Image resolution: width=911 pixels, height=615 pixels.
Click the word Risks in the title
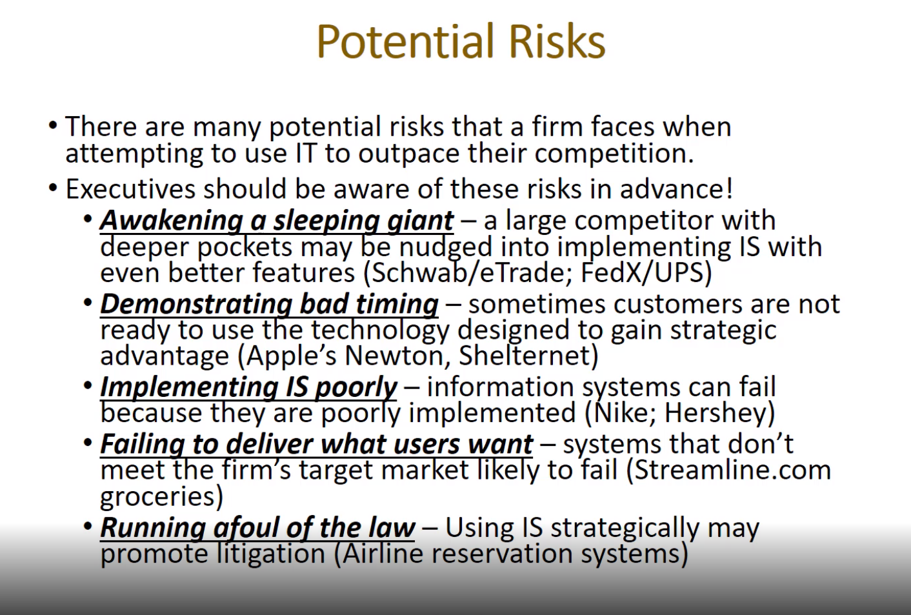[557, 41]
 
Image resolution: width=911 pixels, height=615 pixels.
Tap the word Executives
[130, 189]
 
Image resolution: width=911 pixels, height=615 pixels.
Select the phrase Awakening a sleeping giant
[277, 222]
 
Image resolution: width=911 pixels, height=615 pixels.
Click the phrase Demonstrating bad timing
[269, 305]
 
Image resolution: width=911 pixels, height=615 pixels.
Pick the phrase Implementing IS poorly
[248, 388]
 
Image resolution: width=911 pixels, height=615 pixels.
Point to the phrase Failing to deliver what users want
[316, 444]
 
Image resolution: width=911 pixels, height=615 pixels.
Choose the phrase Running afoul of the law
[257, 528]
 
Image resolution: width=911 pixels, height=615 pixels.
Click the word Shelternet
[524, 356]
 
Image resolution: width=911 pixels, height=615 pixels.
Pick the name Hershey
[715, 414]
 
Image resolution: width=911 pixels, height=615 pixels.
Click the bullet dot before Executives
[53, 188]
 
